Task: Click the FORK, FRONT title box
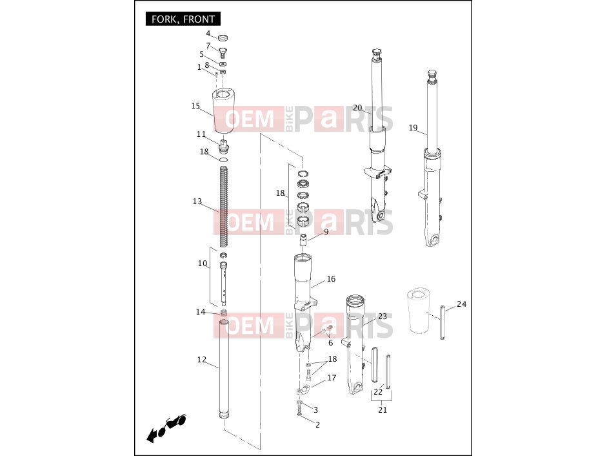click(183, 19)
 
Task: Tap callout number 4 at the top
click(208, 34)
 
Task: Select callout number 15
click(195, 106)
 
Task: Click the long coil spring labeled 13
click(224, 206)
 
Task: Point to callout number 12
click(202, 360)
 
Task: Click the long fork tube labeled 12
click(224, 369)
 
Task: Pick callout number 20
click(357, 108)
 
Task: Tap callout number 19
click(413, 128)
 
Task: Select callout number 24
click(461, 304)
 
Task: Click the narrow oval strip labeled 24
click(443, 322)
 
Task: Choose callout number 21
click(383, 410)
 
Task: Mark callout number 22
click(378, 391)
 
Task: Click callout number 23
click(383, 316)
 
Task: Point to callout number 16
click(331, 279)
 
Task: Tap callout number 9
click(326, 231)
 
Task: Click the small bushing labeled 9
click(303, 240)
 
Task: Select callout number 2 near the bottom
click(317, 424)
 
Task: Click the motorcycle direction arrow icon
click(166, 428)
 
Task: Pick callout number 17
click(332, 378)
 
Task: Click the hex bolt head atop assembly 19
click(432, 73)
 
